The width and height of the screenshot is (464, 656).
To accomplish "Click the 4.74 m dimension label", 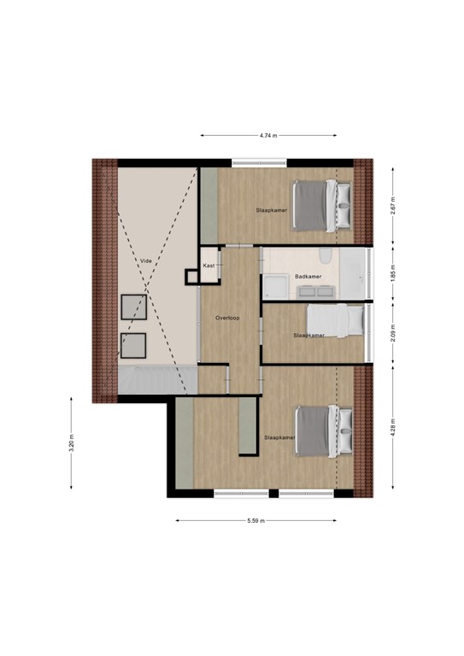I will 268,135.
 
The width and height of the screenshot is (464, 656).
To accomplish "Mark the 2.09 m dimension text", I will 392,333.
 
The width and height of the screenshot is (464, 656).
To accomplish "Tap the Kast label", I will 209,266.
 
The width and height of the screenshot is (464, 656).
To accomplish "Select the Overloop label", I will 228,318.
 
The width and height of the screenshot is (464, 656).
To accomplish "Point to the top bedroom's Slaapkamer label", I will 271,209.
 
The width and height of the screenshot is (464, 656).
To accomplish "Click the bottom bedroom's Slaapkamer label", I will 279,437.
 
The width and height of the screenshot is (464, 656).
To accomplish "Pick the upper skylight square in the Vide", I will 133,307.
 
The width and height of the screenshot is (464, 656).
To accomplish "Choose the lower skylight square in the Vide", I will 133,345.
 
